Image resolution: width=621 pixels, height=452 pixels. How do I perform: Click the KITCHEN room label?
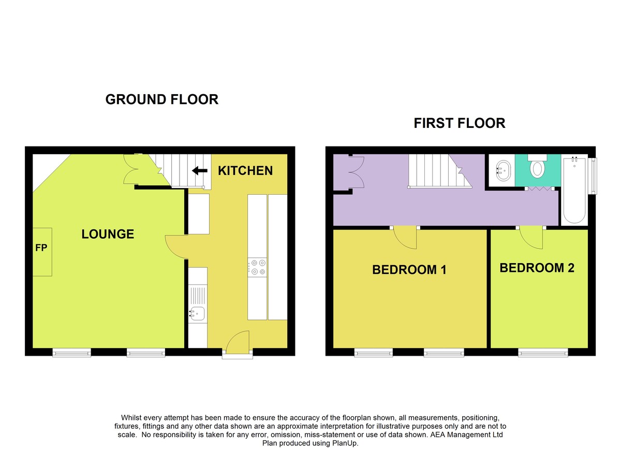tap(245, 171)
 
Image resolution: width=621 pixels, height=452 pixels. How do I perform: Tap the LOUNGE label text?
tap(108, 235)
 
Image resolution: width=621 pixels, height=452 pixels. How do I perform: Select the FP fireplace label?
tap(41, 247)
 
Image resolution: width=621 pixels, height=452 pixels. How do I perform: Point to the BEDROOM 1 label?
tap(409, 270)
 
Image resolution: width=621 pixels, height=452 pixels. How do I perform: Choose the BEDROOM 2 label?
tap(537, 268)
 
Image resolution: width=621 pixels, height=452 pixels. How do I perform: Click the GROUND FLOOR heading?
tap(162, 99)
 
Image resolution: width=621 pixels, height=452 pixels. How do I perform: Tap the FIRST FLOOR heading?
tap(460, 123)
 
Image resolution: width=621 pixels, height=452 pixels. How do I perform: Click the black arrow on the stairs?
tap(200, 170)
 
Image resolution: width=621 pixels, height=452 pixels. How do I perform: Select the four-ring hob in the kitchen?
tap(257, 267)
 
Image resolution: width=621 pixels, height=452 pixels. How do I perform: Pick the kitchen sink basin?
tap(197, 314)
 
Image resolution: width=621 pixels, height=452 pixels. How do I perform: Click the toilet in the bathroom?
tap(537, 166)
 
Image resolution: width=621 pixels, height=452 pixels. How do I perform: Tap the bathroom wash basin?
tap(503, 170)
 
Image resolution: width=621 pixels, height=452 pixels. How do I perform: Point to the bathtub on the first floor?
tap(574, 190)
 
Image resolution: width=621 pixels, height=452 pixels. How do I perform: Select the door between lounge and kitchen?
tap(176, 247)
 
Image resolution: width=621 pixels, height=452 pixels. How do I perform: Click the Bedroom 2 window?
tap(543, 353)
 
